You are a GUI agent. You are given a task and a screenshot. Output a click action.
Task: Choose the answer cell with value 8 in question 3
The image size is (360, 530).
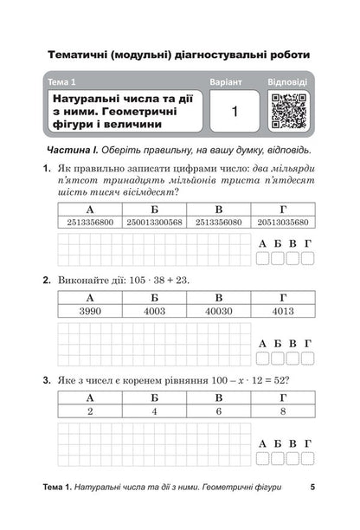pyautogui.click(x=283, y=412)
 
